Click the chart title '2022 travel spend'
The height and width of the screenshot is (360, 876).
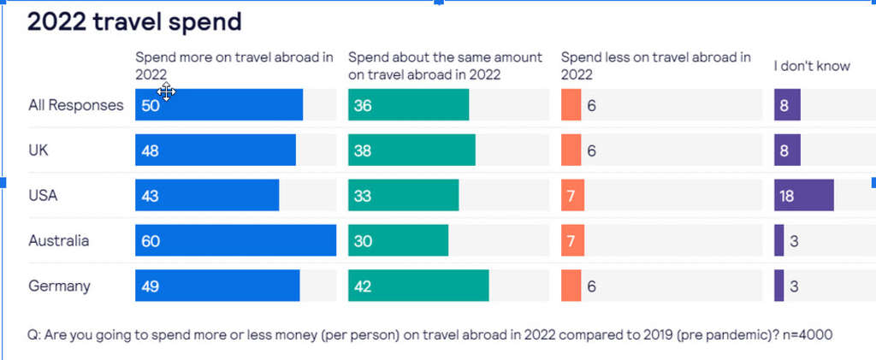point(134,21)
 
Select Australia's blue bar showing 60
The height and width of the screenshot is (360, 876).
point(235,240)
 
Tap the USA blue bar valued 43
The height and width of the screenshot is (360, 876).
point(207,195)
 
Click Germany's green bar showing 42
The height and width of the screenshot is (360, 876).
point(418,286)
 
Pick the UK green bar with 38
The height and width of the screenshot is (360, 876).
point(411,150)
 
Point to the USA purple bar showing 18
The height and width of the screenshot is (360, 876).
point(803,195)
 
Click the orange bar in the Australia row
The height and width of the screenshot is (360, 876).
point(571,240)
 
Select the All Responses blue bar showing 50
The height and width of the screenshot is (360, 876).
point(219,105)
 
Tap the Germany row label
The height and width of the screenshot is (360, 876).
point(59,286)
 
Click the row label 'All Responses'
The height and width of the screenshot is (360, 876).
point(76,105)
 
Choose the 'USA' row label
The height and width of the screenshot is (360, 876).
point(43,195)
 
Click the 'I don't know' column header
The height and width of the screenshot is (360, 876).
point(812,66)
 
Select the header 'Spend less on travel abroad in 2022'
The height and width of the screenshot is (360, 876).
point(655,66)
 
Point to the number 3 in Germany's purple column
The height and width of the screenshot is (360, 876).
point(794,286)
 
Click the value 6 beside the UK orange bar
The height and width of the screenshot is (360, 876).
point(591,150)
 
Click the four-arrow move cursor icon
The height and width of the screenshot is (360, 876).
point(166,91)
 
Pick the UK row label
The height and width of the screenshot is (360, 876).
point(38,150)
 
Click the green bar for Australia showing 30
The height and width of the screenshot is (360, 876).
point(398,240)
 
